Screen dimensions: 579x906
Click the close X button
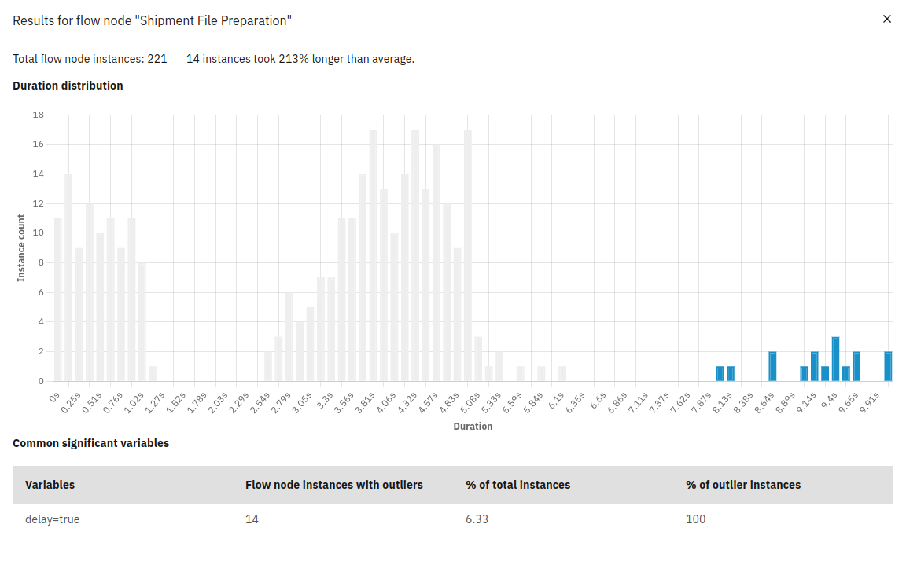(887, 19)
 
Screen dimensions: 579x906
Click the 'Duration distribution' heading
(68, 86)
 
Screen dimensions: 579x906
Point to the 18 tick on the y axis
(39, 115)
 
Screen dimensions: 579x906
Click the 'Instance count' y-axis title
(22, 247)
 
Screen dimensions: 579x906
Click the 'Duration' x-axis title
(473, 427)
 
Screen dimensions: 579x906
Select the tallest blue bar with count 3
(835, 359)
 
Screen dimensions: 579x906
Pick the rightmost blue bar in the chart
(888, 366)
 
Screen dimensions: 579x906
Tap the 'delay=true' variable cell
(53, 519)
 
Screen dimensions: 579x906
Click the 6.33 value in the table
(477, 519)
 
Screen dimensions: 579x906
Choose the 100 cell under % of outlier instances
(695, 519)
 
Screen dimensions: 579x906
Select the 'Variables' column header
(50, 485)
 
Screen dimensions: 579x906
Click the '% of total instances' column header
(517, 485)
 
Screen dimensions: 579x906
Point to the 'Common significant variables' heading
(90, 443)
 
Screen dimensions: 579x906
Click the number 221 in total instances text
(157, 59)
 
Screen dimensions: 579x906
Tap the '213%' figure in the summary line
(293, 59)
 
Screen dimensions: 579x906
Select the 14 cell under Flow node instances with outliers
(252, 519)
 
